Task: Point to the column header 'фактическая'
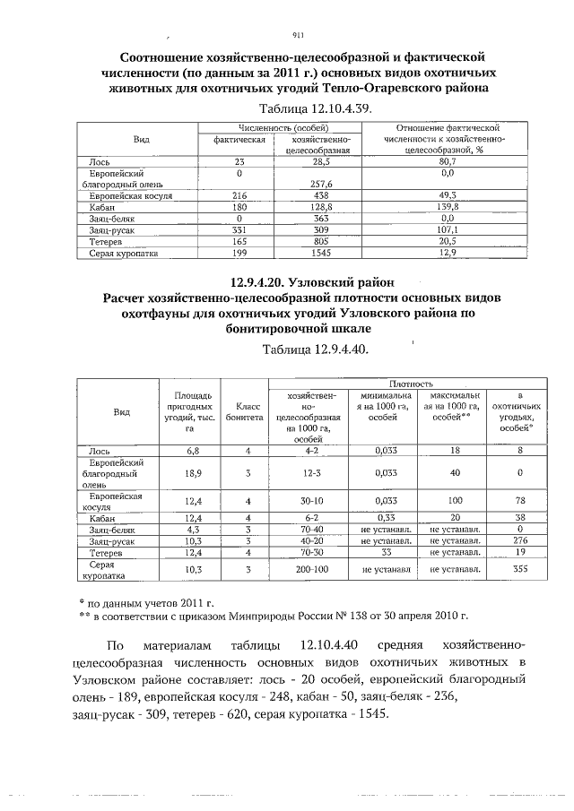[x=239, y=141]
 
